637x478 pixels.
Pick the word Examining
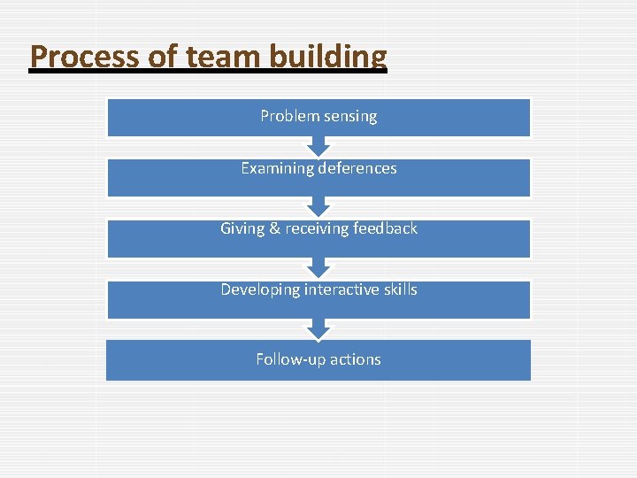275,168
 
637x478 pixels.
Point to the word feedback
385,228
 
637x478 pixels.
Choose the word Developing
260,289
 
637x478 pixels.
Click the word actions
356,359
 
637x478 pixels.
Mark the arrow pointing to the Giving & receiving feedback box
318,207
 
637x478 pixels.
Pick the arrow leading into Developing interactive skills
318,268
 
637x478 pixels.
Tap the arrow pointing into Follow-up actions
318,329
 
